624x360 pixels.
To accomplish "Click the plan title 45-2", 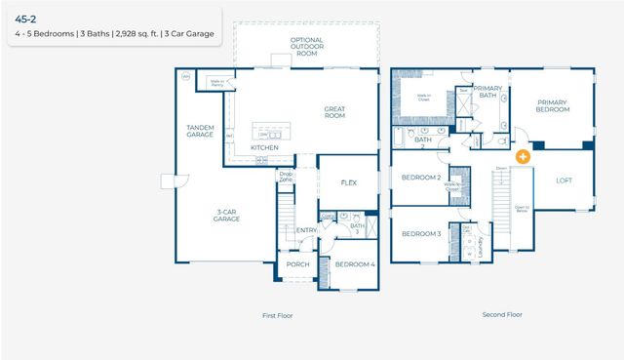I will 25,18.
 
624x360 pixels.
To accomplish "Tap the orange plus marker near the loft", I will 524,155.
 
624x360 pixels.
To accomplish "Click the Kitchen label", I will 264,147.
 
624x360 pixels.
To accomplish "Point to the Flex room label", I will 349,182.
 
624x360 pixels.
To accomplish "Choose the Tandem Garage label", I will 207,131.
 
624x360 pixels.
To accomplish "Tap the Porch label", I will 297,264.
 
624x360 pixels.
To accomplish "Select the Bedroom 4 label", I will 354,264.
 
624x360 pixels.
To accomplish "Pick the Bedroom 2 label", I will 422,178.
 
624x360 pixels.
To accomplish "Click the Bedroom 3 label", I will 422,234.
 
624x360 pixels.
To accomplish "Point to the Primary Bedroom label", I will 552,106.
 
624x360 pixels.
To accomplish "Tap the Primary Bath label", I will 487,92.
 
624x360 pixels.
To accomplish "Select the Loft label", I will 565,180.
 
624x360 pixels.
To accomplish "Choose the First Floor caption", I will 277,315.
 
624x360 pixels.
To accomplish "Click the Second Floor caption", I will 502,314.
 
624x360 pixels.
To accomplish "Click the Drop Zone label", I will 286,177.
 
